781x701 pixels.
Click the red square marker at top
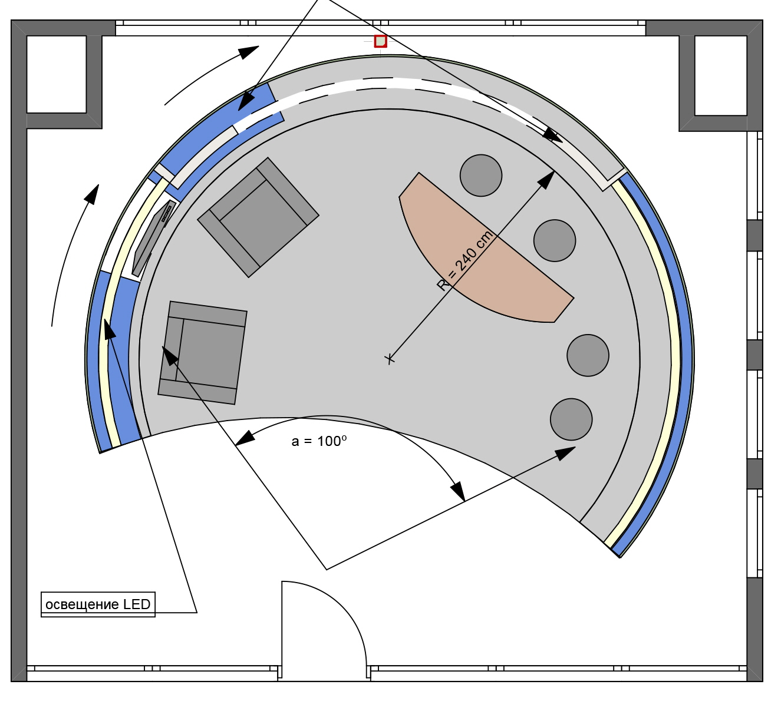point(380,41)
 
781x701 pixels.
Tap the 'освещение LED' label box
point(98,604)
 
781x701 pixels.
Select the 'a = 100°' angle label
point(319,441)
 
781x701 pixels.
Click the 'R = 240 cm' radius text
point(465,260)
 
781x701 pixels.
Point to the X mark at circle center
point(390,358)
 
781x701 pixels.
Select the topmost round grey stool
point(481,176)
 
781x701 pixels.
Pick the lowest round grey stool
point(571,419)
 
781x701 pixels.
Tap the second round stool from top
point(555,240)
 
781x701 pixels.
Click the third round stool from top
point(588,355)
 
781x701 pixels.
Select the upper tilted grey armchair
point(258,217)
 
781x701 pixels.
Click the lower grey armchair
point(203,353)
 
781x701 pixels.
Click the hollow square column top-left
point(57,74)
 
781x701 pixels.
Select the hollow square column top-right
point(721,75)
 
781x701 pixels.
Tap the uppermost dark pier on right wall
point(754,235)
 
